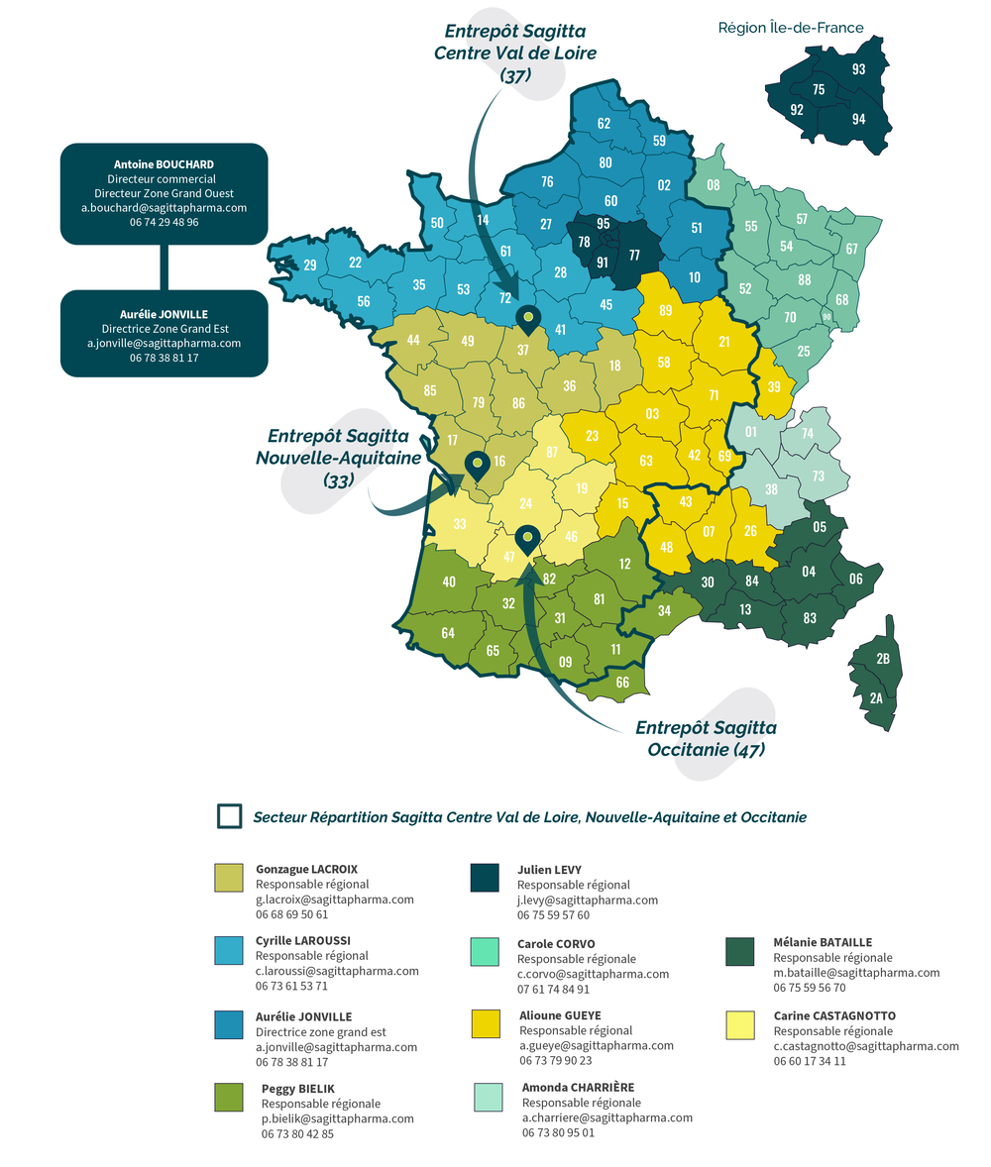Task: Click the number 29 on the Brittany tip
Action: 310,265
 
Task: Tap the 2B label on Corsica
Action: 883,659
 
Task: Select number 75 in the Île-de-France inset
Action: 819,90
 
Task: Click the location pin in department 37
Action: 528,318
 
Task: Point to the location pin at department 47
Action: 527,538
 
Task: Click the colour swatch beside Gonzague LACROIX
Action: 229,878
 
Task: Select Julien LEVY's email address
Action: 587,900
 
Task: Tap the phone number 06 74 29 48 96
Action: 164,223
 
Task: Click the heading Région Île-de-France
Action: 791,28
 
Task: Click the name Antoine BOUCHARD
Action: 164,164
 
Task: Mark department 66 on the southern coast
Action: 622,682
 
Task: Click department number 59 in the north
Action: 659,141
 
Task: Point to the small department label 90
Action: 826,317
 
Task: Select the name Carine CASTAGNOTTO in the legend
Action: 834,1015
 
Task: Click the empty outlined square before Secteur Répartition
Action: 229,815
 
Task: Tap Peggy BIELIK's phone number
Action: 297,1133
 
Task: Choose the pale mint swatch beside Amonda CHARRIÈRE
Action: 488,1097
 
